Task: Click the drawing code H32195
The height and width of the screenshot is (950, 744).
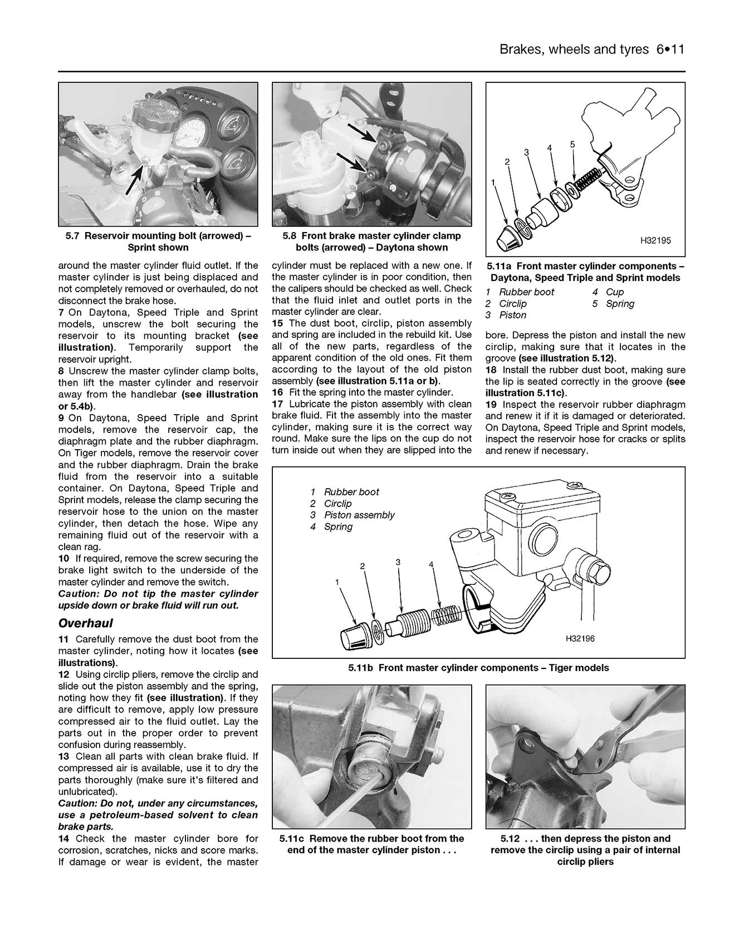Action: tap(655, 240)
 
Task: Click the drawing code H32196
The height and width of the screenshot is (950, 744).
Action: tap(580, 638)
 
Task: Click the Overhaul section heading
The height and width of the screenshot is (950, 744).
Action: tap(86, 623)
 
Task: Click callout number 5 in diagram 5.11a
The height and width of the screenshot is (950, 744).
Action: tap(572, 144)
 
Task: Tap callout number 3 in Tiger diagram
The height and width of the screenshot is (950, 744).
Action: tap(398, 562)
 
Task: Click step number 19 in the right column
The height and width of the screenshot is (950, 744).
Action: tap(490, 405)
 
